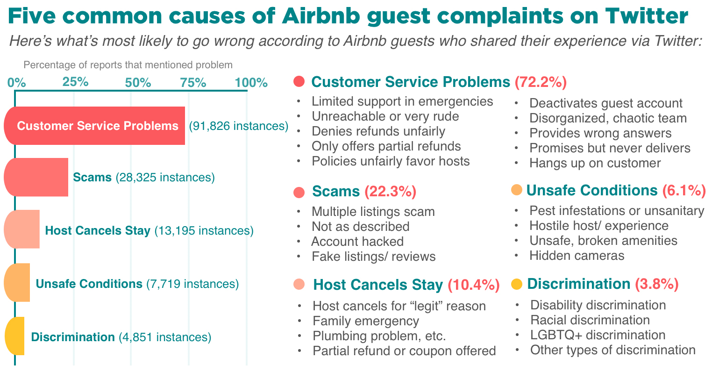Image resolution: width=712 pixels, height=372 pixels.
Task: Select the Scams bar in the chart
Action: tap(36, 177)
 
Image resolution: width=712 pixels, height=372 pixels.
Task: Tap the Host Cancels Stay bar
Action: tap(22, 230)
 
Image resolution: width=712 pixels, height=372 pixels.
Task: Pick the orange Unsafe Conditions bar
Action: tap(17, 283)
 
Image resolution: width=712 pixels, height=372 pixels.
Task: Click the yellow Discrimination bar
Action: tap(14, 336)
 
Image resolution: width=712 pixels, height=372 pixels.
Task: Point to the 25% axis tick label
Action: tap(75, 83)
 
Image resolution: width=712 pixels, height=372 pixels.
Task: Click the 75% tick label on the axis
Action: tap(193, 83)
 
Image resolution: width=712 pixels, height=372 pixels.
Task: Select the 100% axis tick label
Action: tap(251, 83)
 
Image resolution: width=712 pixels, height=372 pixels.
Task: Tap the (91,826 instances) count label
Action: tap(238, 126)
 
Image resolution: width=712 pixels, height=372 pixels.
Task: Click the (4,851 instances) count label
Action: tap(164, 337)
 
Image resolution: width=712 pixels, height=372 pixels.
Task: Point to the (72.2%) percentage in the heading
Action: tap(541, 82)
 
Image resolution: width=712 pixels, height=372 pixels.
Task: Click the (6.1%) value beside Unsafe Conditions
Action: tap(684, 190)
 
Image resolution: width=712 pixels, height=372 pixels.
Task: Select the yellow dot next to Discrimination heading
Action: tap(516, 284)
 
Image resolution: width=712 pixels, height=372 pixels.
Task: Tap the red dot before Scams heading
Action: tap(299, 192)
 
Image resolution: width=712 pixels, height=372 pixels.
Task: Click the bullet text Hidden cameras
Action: tap(577, 256)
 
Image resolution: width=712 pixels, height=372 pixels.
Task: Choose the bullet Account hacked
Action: tap(357, 241)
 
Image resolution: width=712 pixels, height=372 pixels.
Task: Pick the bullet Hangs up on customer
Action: tap(595, 163)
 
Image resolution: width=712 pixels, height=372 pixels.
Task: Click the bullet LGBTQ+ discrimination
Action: tap(598, 335)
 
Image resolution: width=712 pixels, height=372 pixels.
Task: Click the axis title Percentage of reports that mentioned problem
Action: tap(128, 64)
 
